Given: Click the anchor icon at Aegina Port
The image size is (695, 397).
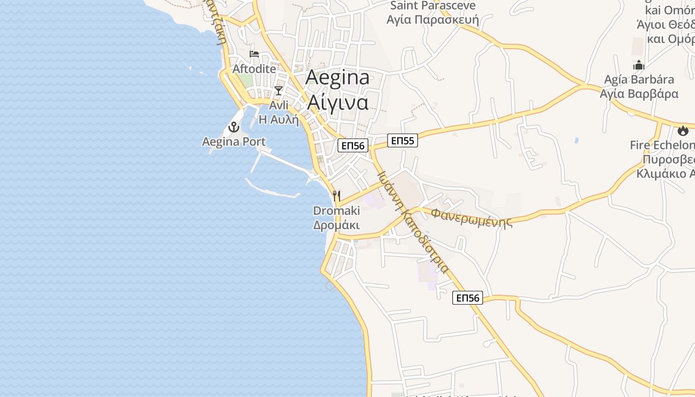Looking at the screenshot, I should [x=234, y=127].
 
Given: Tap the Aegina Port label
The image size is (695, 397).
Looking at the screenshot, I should [x=234, y=142].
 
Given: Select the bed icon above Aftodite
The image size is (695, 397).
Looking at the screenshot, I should [x=254, y=54].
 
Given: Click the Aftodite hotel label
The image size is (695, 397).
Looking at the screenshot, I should [x=254, y=69].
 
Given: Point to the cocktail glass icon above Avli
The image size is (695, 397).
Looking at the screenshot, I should [x=278, y=90].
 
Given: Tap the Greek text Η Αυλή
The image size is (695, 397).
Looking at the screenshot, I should [x=278, y=120].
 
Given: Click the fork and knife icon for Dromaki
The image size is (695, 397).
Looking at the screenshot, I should [x=337, y=196].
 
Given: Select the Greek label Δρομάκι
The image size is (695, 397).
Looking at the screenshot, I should [x=337, y=225].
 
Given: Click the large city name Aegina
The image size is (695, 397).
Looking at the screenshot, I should [x=338, y=78].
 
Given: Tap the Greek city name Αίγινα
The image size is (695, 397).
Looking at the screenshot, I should [x=338, y=102].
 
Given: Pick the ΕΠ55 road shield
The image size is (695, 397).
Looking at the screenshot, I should [x=402, y=140].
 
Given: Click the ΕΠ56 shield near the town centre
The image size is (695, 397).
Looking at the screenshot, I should [x=353, y=145].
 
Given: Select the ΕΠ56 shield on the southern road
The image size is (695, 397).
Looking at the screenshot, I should [x=468, y=298].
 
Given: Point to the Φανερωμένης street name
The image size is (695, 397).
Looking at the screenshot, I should [x=472, y=217].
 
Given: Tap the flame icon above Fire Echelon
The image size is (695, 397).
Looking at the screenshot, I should [x=683, y=131].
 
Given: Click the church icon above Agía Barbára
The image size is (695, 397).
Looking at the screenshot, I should [x=638, y=65].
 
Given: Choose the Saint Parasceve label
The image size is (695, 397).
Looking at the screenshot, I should [x=433, y=6].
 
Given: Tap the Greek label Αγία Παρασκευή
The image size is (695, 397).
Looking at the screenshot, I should [x=433, y=20].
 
